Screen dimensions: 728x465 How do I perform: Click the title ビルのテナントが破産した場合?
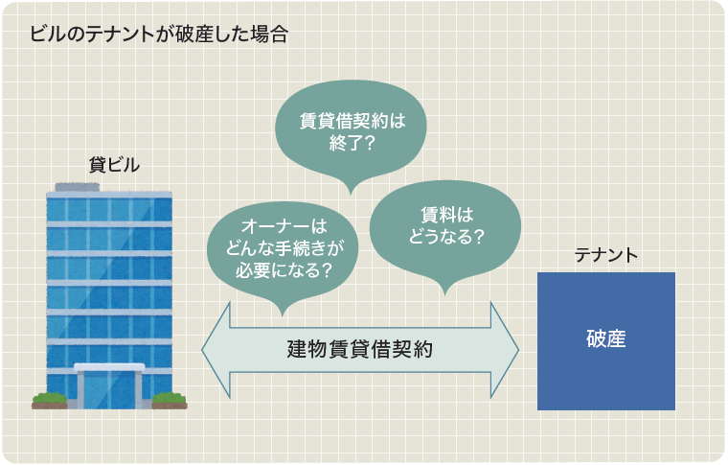(159, 35)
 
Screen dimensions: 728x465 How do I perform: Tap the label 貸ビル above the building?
(114, 165)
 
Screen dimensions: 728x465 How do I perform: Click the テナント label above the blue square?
(606, 255)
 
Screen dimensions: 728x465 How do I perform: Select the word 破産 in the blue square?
(606, 338)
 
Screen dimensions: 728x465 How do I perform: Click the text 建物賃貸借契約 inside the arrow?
(360, 349)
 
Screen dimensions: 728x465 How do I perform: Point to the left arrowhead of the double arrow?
(216, 350)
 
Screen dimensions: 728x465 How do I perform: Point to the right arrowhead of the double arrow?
(505, 350)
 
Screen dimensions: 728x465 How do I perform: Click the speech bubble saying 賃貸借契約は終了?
(351, 131)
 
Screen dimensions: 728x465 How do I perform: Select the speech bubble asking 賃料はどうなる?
(445, 231)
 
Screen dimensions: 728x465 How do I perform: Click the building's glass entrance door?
(109, 389)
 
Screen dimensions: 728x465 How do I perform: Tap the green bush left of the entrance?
(49, 400)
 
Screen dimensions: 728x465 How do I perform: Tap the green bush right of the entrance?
(170, 400)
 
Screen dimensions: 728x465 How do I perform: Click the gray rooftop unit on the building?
(77, 187)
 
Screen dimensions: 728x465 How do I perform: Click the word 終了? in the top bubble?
(352, 143)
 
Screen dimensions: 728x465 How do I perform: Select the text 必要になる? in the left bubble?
(284, 270)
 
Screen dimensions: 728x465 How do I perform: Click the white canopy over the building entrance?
(109, 367)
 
